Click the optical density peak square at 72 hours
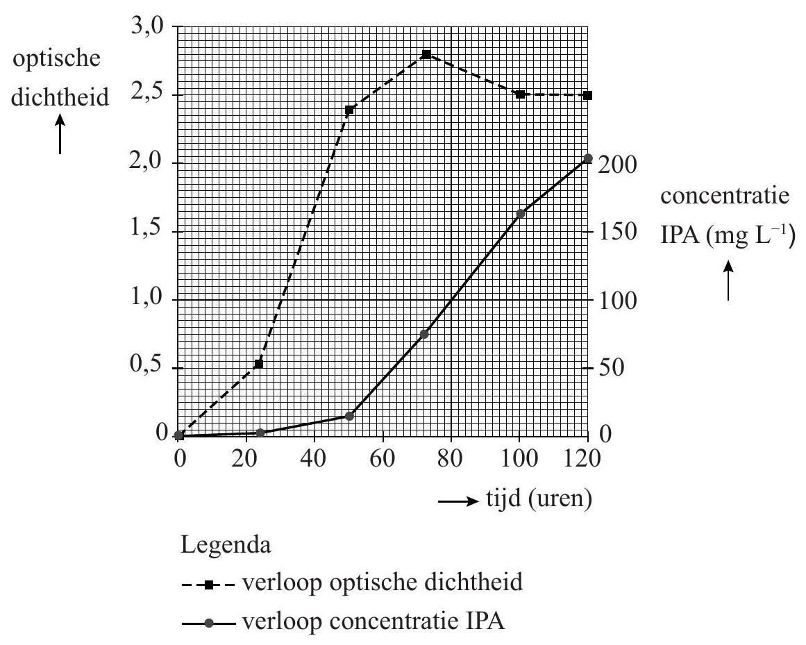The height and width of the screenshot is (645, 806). click(426, 54)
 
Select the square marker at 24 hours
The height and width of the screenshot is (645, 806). click(259, 364)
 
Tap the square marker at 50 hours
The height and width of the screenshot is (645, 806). click(350, 110)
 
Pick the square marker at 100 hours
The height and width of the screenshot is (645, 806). click(520, 94)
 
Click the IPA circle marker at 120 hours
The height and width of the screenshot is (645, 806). click(588, 159)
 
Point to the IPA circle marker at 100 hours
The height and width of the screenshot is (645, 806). click(520, 214)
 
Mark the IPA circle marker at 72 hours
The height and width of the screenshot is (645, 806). click(425, 334)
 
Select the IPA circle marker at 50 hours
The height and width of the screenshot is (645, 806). click(350, 416)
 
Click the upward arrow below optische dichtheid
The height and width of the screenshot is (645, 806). click(60, 135)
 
